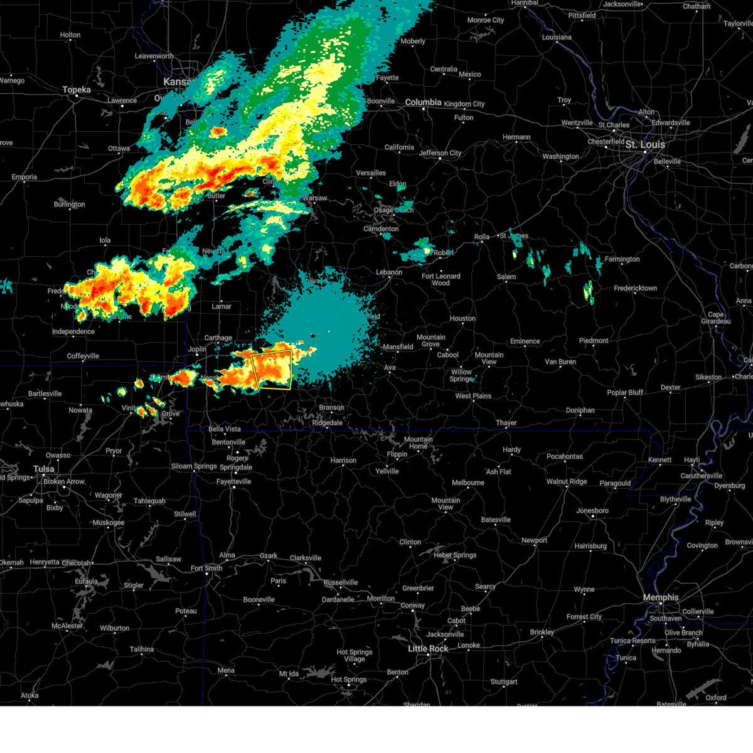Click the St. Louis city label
pos(644,144)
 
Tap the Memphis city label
pos(660,597)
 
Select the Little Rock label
pos(428,648)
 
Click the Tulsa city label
pos(44,469)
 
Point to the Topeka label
pos(77,90)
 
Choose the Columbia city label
pos(423,102)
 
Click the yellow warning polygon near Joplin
pos(272,370)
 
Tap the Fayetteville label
pos(233,481)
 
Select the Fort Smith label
pos(206,568)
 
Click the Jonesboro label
pos(592,510)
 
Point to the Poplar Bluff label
pos(625,392)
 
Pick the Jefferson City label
pos(440,152)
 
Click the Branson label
pos(331,407)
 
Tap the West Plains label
pos(473,396)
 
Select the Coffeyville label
pos(83,356)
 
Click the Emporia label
pos(24,177)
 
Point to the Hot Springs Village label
pos(354,655)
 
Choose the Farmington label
pos(622,259)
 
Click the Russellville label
pos(341,582)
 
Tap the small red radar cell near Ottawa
pos(218,131)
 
